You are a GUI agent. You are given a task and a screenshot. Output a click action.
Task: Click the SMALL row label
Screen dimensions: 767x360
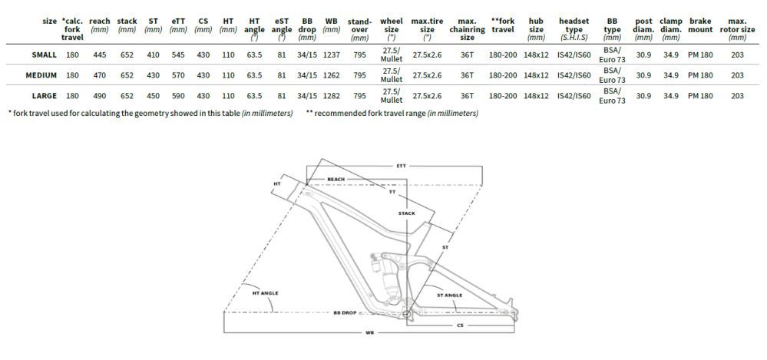pos(44,54)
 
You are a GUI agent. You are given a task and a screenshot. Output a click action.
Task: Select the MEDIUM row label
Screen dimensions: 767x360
pos(41,75)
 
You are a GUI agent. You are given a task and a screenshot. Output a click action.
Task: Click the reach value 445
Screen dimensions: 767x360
pos(99,54)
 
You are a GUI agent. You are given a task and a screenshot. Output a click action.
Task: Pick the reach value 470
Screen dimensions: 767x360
pos(99,75)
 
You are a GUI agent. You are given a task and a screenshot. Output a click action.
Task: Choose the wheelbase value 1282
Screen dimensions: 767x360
pos(332,96)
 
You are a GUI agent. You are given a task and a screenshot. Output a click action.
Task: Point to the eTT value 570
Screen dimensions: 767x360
pos(178,75)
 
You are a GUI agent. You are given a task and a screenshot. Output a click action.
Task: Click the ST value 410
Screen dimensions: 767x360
pos(154,54)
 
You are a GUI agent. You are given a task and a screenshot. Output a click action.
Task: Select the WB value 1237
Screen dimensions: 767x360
pos(332,54)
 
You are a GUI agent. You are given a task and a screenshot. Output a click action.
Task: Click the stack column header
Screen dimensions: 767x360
pos(127,25)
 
